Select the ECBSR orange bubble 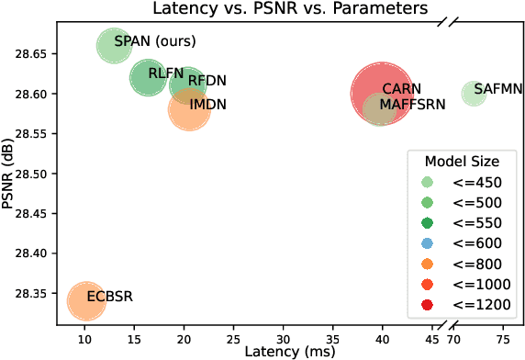click(85, 300)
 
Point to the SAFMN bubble click(474, 93)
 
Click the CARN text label click(401, 89)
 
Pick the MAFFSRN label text click(412, 105)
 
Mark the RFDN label click(207, 81)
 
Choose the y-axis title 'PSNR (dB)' click(9, 174)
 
